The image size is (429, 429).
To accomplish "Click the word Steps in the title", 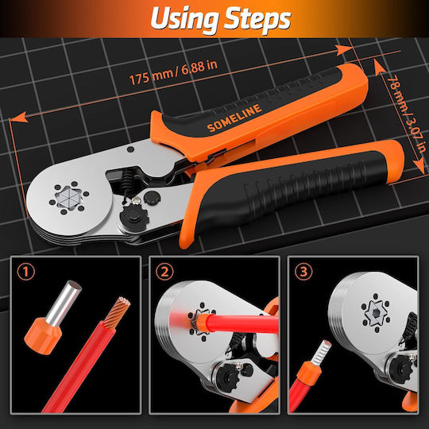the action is [x=258, y=19].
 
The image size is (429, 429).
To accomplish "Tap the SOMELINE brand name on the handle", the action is [x=234, y=118].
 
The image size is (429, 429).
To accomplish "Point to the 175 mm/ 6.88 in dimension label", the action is [x=173, y=72].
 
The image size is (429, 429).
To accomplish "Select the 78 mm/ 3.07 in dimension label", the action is [x=405, y=114].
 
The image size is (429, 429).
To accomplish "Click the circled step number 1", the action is [x=26, y=272].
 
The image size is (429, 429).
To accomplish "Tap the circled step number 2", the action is [x=164, y=272].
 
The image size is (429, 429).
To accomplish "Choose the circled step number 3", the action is [x=303, y=272].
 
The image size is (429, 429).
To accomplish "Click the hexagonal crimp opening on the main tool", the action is [x=69, y=197].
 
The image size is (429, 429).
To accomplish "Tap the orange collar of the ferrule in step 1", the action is [x=42, y=336].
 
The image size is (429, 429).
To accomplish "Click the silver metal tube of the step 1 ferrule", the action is [x=64, y=302].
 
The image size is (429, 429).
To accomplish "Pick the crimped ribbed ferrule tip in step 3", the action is [x=323, y=353].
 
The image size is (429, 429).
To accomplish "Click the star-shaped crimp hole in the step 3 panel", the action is [x=375, y=313].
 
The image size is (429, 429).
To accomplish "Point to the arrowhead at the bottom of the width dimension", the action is [x=419, y=166].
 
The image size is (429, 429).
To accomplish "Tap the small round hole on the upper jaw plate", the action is [x=131, y=149].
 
